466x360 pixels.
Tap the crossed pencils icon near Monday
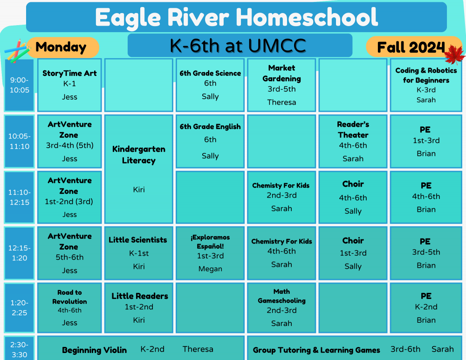click(x=16, y=51)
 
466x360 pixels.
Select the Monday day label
click(x=61, y=47)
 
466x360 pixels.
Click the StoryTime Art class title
click(x=69, y=73)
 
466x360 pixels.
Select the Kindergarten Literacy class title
click(x=138, y=155)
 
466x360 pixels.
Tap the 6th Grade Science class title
click(x=210, y=73)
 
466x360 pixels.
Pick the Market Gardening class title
click(x=281, y=73)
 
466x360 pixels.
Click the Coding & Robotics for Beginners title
click(x=426, y=75)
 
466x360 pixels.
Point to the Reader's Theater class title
click(x=353, y=129)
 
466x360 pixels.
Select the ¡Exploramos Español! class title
click(x=210, y=241)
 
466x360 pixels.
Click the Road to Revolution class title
click(x=69, y=297)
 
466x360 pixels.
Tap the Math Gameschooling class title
click(x=281, y=296)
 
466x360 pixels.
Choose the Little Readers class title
click(x=139, y=296)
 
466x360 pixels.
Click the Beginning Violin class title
click(x=94, y=350)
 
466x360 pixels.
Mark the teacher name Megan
click(x=210, y=269)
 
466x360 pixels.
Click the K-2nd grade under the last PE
click(x=426, y=307)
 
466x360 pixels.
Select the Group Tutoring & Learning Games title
click(x=316, y=350)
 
